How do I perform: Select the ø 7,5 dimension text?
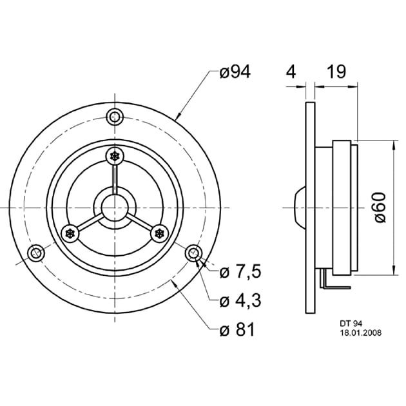pyautogui.click(x=239, y=273)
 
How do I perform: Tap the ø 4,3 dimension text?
pyautogui.click(x=239, y=301)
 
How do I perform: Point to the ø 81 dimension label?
pyautogui.click(x=237, y=330)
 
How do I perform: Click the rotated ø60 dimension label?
pyautogui.click(x=380, y=208)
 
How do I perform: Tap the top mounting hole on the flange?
pyautogui.click(x=115, y=117)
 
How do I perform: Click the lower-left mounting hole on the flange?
pyautogui.click(x=36, y=253)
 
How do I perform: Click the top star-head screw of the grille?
pyautogui.click(x=115, y=157)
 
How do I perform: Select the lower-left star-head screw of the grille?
pyautogui.click(x=70, y=233)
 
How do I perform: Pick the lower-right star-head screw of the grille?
pyautogui.click(x=159, y=233)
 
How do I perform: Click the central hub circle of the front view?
pyautogui.click(x=115, y=208)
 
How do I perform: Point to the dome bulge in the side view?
pyautogui.click(x=296, y=208)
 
